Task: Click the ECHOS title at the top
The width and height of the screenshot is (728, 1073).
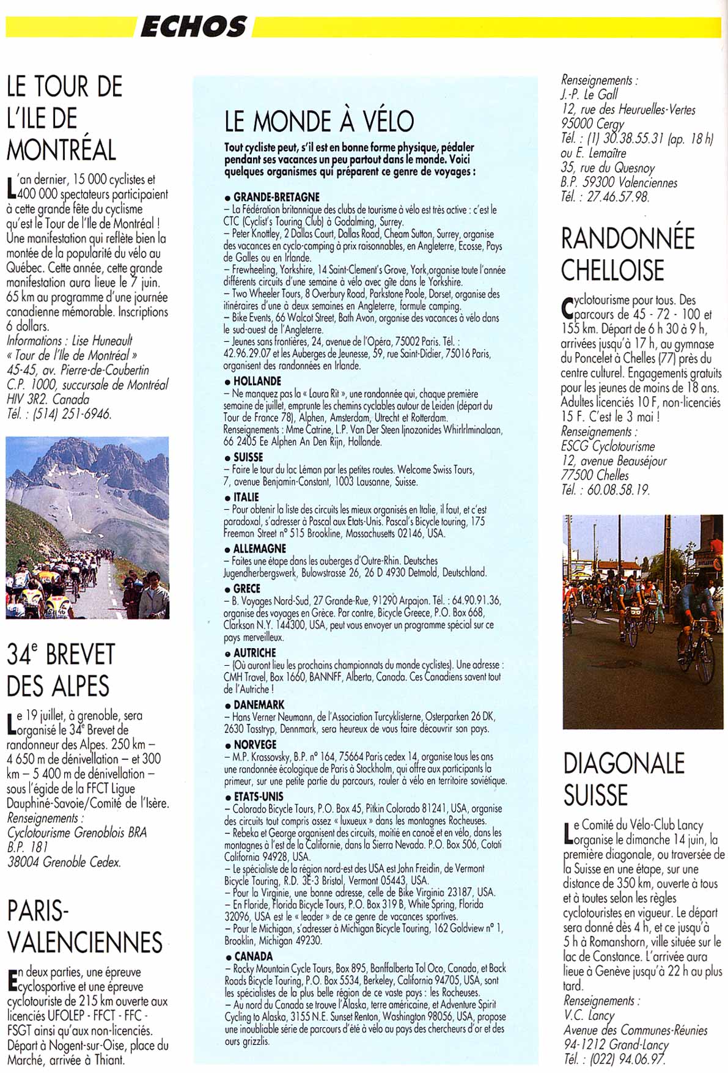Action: point(194,27)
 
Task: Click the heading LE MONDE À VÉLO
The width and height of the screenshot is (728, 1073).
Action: point(318,121)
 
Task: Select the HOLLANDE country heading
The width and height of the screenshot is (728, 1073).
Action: point(257,381)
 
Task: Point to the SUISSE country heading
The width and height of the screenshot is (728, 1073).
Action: point(248,457)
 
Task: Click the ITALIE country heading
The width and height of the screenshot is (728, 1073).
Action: point(246,497)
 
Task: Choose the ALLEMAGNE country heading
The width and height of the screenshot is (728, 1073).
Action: point(259,548)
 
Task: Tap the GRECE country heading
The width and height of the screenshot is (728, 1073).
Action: point(246,588)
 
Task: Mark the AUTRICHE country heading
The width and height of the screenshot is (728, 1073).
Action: point(254,652)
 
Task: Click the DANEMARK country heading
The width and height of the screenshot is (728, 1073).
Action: point(259,704)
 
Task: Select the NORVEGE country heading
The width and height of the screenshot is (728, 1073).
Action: point(254,744)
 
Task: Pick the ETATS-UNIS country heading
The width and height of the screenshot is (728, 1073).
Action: point(258,796)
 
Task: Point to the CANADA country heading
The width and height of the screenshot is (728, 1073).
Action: point(252,956)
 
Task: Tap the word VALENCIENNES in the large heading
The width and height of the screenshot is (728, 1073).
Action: point(85,942)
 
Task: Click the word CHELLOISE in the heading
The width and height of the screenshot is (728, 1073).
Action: point(612,270)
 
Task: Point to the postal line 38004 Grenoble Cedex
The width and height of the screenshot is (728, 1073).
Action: point(64,862)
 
